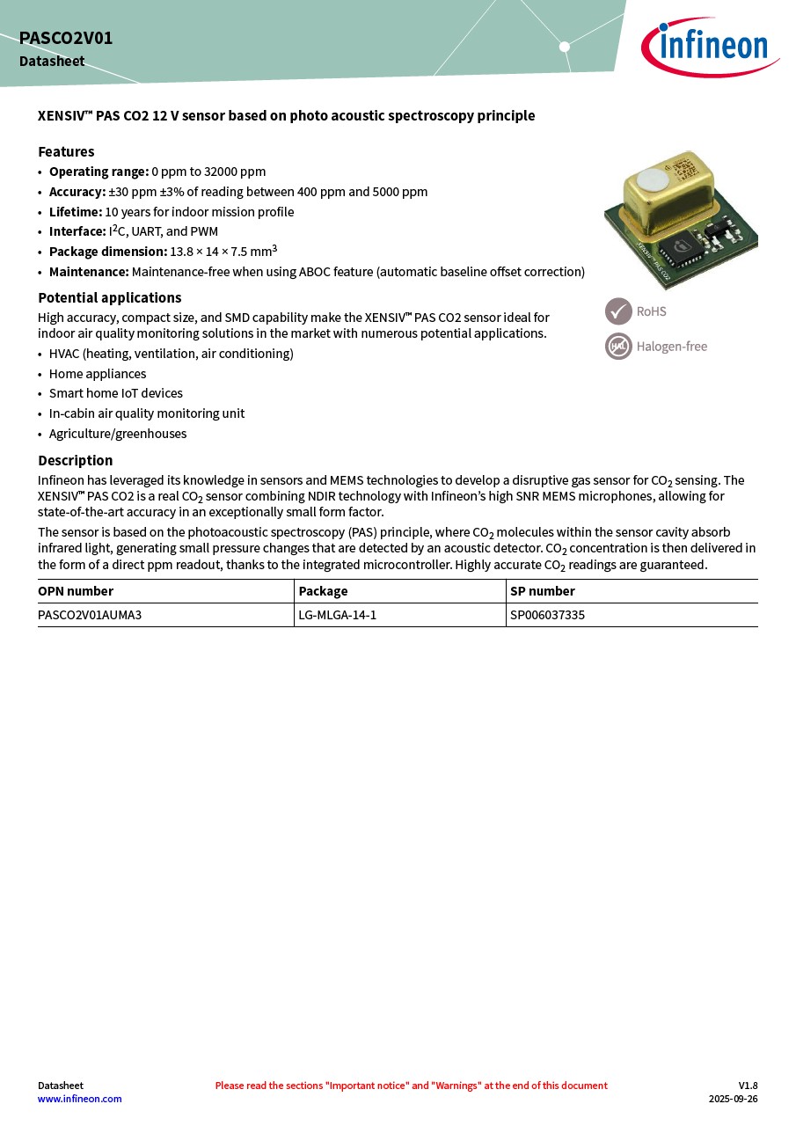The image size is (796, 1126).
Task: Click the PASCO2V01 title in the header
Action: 66,39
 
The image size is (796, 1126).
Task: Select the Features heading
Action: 66,151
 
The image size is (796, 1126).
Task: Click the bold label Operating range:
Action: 99,172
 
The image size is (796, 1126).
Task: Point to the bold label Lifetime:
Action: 76,212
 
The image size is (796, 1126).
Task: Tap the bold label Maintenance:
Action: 89,272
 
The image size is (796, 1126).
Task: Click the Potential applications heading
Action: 109,297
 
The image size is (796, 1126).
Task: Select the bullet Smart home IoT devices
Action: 116,393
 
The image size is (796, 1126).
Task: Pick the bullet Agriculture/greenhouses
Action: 118,434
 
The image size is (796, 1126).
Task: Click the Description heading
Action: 75,460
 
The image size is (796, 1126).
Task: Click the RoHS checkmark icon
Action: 618,311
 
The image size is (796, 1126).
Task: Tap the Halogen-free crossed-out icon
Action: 618,347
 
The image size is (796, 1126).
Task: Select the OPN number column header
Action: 76,591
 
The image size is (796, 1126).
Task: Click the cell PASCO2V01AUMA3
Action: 90,615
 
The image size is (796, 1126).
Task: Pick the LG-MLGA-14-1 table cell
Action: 338,615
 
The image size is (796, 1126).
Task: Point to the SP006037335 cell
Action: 547,615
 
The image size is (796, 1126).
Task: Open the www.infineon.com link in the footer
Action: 80,1099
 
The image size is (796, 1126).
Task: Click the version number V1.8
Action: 748,1086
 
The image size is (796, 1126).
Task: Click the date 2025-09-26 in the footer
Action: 733,1099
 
